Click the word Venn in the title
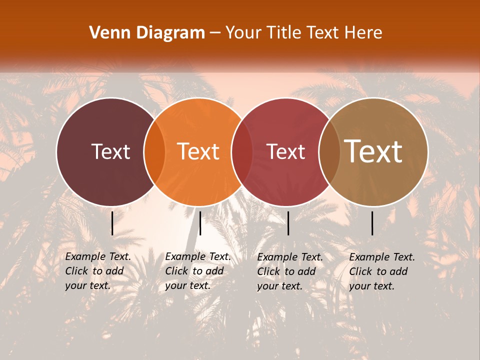click(x=107, y=33)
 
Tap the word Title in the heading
click(x=284, y=33)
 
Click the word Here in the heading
click(x=364, y=33)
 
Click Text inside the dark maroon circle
click(x=110, y=151)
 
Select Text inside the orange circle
click(x=198, y=151)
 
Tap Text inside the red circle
click(x=286, y=151)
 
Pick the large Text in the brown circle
click(x=373, y=151)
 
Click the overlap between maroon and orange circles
click(x=154, y=151)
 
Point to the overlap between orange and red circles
click(x=242, y=151)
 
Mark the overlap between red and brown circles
click(x=329, y=151)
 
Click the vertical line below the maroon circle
click(x=112, y=223)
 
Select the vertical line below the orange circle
click(x=200, y=223)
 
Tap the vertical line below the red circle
click(x=288, y=223)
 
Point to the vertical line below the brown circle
click(x=372, y=223)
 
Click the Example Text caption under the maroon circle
click(x=98, y=271)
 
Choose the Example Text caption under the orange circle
click(x=198, y=271)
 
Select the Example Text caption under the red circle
click(x=290, y=271)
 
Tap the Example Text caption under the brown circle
click(x=382, y=271)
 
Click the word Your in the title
click(x=243, y=33)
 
